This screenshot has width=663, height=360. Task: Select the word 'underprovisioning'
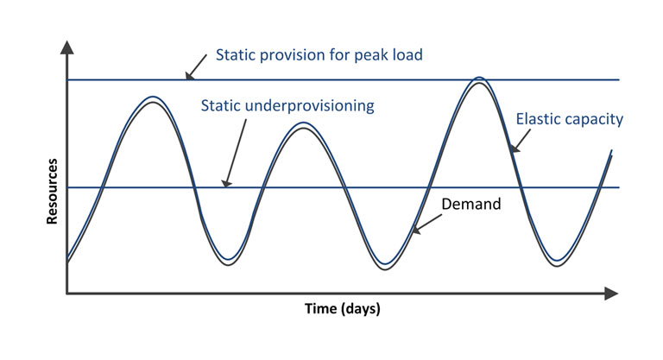[310, 106]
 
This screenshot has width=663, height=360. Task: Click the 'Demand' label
[471, 205]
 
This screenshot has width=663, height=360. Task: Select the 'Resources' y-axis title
[52, 191]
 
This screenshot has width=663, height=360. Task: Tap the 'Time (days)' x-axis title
[343, 308]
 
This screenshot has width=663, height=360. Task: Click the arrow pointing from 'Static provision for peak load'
[196, 66]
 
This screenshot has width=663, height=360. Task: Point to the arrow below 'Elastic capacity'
[520, 141]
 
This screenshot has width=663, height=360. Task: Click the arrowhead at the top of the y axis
[66, 47]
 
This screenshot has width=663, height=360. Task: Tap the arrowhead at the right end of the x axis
[611, 294]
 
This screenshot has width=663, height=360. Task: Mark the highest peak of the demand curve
[479, 83]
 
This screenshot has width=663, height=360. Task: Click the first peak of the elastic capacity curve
[153, 97]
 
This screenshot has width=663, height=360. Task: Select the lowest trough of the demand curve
[385, 269]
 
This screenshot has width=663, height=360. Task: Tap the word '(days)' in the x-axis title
[361, 309]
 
